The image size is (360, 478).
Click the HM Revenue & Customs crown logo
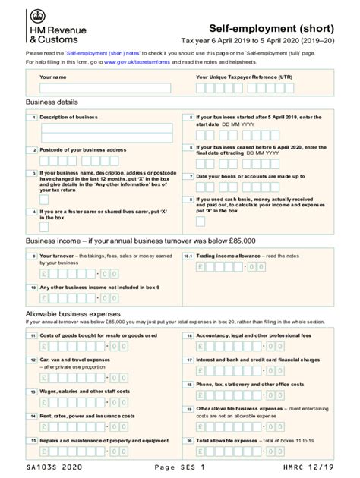[x=36, y=17]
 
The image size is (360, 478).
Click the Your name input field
[x=105, y=88]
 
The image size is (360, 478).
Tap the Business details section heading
[x=52, y=102]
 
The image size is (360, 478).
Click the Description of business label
[x=68, y=118]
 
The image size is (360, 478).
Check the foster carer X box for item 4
[x=44, y=226]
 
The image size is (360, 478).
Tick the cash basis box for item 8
[x=200, y=222]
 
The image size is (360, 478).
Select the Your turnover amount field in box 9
[x=79, y=274]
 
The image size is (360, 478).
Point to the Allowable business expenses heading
[x=73, y=313]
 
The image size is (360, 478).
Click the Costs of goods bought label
[x=98, y=335]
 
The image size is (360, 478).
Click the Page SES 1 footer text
[x=179, y=467]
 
